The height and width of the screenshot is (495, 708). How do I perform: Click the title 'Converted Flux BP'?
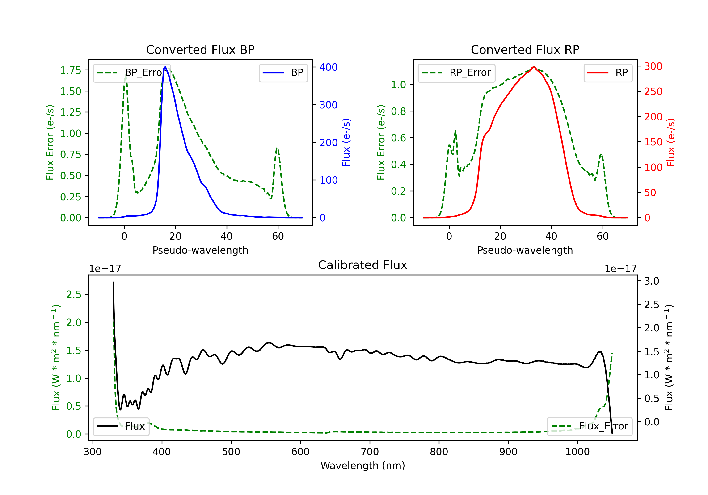click(200, 49)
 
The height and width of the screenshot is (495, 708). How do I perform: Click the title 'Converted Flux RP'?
click(525, 49)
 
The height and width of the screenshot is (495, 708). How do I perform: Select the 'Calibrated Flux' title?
click(363, 265)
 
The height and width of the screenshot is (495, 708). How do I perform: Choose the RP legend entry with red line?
click(608, 73)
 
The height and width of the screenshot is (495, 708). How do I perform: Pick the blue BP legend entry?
click(283, 73)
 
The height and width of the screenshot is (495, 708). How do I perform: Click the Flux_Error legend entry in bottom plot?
click(590, 426)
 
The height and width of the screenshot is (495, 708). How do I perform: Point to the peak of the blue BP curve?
click(165, 67)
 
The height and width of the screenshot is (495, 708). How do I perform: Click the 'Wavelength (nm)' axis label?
click(363, 466)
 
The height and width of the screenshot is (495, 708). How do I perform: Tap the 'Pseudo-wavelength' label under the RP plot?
click(525, 250)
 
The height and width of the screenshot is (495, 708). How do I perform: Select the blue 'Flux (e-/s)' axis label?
click(346, 143)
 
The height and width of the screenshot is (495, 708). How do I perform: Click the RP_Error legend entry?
click(457, 73)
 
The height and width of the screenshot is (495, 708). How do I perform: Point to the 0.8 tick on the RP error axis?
click(398, 111)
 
